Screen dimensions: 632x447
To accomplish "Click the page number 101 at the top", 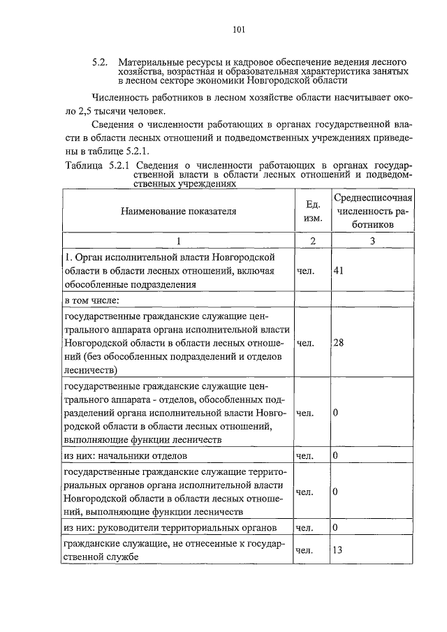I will [x=238, y=29].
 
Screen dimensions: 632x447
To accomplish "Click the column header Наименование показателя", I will [x=178, y=210].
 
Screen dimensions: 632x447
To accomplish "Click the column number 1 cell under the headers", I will [x=178, y=241].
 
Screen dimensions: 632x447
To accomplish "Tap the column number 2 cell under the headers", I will [x=313, y=241].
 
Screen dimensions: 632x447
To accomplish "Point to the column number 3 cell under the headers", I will [x=373, y=241].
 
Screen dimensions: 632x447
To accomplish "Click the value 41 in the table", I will [x=338, y=271].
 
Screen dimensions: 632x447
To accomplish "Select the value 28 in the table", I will [x=338, y=343].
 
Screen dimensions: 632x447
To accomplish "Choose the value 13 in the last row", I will [x=338, y=550].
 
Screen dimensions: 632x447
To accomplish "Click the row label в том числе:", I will [x=91, y=300].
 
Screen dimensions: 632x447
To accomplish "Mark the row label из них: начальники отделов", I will [x=125, y=456].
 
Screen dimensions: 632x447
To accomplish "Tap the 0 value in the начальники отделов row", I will [x=335, y=456].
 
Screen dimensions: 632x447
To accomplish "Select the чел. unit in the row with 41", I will [x=305, y=271].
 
